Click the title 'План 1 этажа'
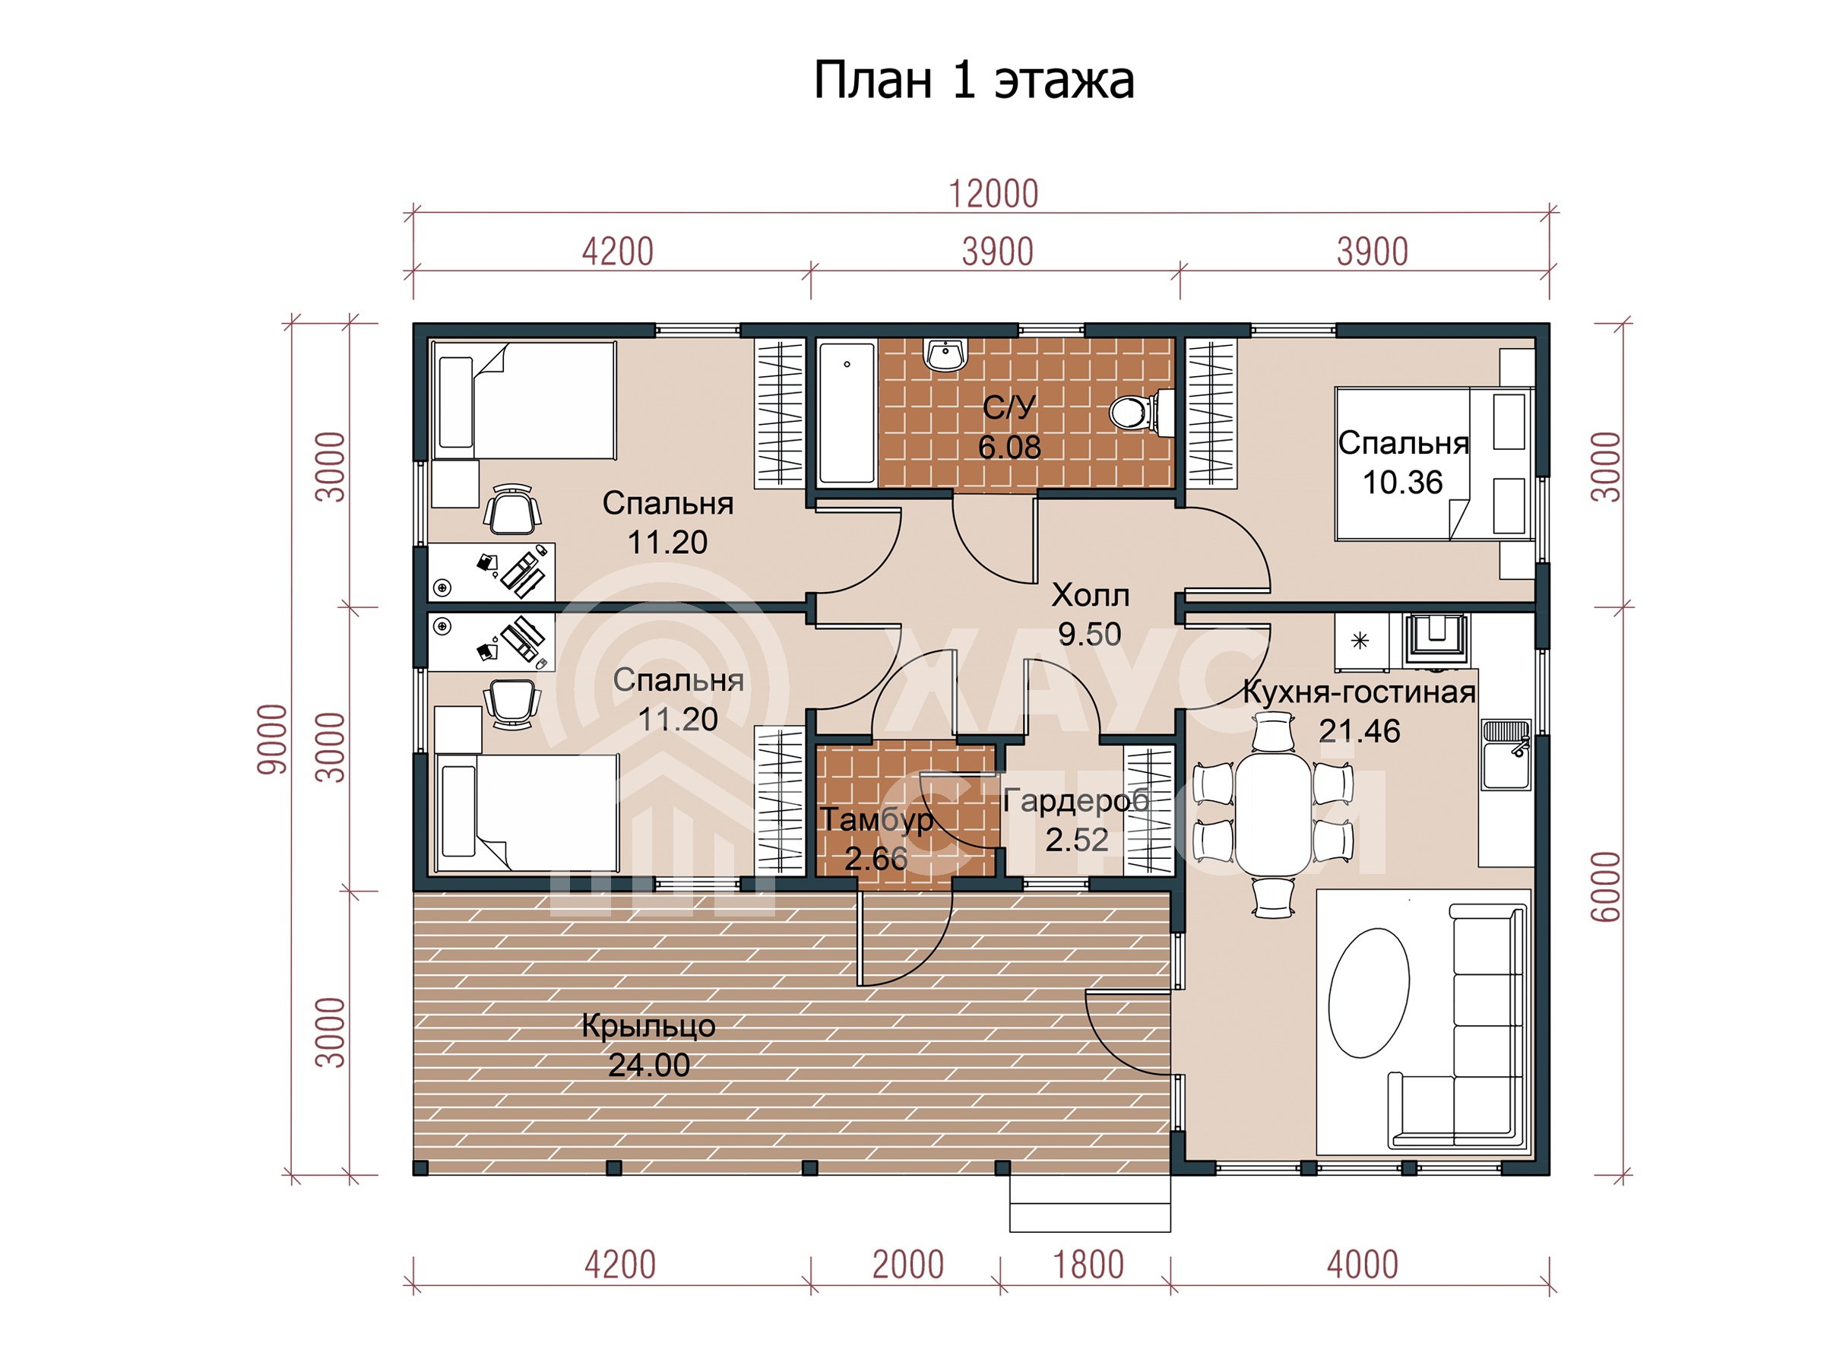click(x=974, y=81)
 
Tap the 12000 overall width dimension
click(x=993, y=195)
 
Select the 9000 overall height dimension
click(x=273, y=739)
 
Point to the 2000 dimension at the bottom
click(x=908, y=1265)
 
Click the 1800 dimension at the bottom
click(x=1088, y=1265)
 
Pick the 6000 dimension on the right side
click(x=1607, y=886)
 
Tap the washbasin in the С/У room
click(x=945, y=355)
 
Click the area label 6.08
click(x=1009, y=448)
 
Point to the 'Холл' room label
click(x=1090, y=594)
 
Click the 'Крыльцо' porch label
click(x=648, y=1026)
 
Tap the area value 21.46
click(x=1359, y=731)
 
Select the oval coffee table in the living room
click(x=1368, y=993)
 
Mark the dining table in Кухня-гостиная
click(x=1272, y=815)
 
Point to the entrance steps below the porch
click(x=1090, y=1203)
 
